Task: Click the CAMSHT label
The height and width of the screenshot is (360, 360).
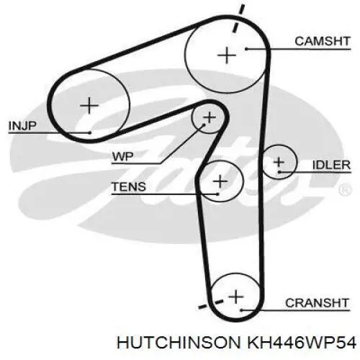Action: point(323,41)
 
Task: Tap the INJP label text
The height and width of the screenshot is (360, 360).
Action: point(22,126)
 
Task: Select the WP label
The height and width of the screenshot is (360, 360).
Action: point(123,157)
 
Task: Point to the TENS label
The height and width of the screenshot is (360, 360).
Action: point(129,186)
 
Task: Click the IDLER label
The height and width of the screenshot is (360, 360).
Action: point(331,165)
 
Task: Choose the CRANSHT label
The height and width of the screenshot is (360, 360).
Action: point(317,303)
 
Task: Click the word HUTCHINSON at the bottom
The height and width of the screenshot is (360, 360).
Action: point(179,342)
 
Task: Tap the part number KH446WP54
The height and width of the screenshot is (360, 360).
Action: point(302,342)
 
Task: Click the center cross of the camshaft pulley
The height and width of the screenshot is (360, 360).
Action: point(227,55)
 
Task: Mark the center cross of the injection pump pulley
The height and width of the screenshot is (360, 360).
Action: point(89,105)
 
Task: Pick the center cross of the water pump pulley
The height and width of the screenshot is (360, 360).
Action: point(210,117)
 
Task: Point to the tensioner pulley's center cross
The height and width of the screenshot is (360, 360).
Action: point(220,181)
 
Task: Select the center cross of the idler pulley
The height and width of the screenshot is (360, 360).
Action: point(279,162)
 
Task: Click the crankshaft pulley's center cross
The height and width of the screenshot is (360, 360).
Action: point(236,297)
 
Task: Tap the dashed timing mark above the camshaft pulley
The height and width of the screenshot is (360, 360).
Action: point(238,18)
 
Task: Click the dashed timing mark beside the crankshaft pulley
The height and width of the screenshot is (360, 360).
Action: point(211,304)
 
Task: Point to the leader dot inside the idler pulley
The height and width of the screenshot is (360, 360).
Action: point(279,172)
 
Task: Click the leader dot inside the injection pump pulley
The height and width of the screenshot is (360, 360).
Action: point(89,132)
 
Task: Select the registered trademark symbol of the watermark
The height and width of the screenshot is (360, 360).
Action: point(345,189)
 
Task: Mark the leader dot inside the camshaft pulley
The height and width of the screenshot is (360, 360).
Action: point(246,49)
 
